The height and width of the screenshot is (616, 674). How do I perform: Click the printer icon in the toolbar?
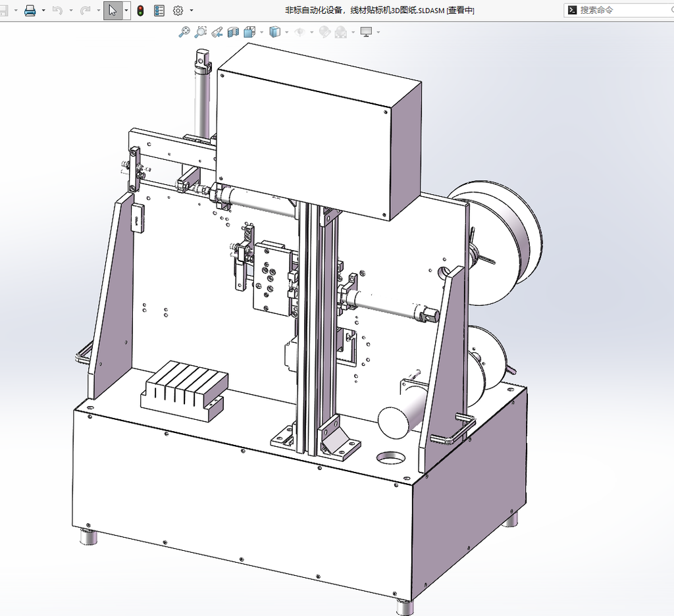tap(30, 11)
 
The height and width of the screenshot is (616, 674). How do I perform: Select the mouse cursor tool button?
tap(113, 11)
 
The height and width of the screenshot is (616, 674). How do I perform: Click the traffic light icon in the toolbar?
tap(140, 11)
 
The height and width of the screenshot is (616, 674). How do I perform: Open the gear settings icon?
tap(178, 11)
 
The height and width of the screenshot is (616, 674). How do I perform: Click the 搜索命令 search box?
tap(619, 10)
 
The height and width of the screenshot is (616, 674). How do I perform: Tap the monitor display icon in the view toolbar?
tap(366, 32)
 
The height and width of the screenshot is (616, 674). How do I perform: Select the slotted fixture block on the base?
tap(184, 390)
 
